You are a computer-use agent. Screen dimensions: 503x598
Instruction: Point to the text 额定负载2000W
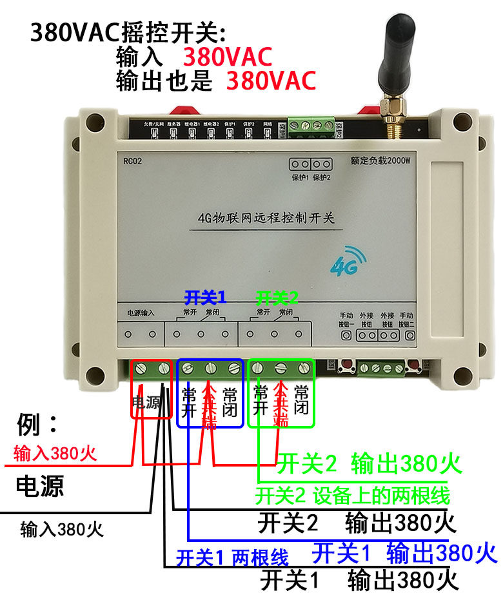[380, 162]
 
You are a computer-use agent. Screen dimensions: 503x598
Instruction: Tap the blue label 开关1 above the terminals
[206, 298]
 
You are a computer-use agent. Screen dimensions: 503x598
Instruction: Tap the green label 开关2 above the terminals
[277, 298]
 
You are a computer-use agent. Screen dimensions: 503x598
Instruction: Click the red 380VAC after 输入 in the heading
[228, 57]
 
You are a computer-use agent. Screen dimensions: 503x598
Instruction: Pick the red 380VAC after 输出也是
[271, 81]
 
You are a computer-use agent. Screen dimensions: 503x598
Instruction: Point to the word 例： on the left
[37, 426]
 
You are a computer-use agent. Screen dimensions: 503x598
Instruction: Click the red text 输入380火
[55, 454]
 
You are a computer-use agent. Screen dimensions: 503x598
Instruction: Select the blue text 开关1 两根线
[232, 557]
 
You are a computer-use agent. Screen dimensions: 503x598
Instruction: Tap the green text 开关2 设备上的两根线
[352, 496]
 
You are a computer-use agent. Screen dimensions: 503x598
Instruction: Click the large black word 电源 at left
[40, 486]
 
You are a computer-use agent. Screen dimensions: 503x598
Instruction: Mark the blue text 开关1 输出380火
[404, 552]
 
